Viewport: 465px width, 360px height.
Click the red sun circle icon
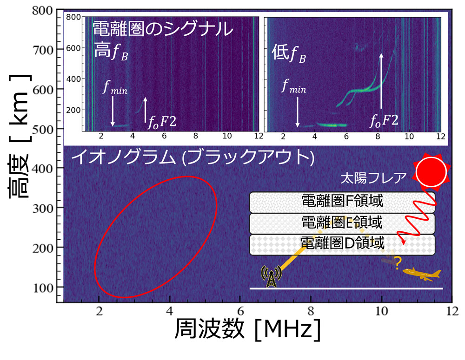pos(431,172)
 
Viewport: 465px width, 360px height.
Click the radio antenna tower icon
pos(270,276)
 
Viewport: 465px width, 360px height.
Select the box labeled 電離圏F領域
pos(342,202)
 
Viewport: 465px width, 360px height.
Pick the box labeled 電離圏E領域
pos(342,223)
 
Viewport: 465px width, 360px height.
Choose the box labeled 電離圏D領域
pos(342,244)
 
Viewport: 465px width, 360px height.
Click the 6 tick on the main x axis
pos(240,310)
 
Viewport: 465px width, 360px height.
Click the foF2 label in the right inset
pos(384,121)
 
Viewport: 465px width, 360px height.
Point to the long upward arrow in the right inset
pos(381,84)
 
